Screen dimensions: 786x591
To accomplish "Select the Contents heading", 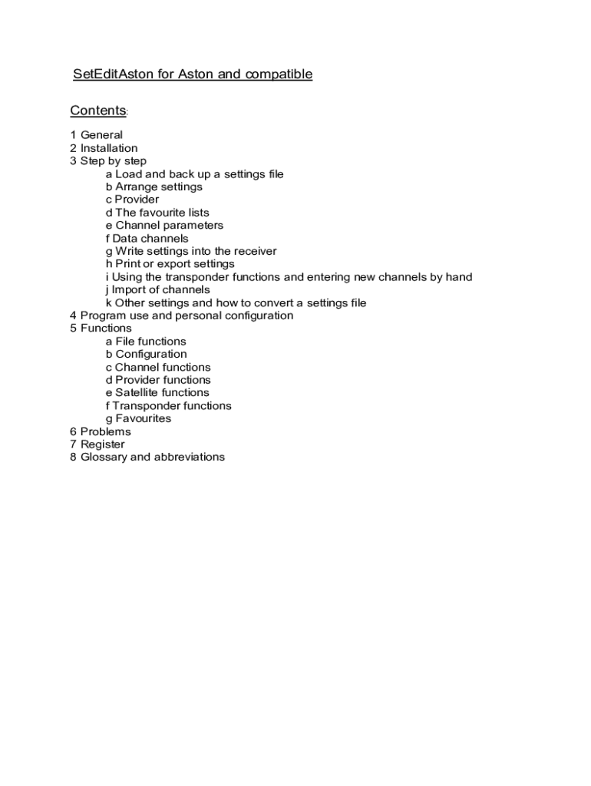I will [x=97, y=111].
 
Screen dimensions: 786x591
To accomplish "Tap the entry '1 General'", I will [x=96, y=135].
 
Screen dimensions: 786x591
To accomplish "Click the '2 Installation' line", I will [x=104, y=148].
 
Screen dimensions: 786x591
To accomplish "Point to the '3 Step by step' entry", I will [x=107, y=161].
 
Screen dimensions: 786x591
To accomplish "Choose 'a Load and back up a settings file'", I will [x=194, y=174].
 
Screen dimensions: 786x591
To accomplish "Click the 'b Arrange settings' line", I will [x=154, y=187].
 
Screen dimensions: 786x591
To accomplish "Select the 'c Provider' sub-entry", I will [x=132, y=200].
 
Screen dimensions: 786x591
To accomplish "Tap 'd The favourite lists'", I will [x=157, y=213].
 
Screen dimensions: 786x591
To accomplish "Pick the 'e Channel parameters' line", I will [x=164, y=226].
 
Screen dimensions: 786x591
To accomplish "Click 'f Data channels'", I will [x=147, y=239].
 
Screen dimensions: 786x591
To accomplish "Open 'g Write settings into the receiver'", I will [x=190, y=251].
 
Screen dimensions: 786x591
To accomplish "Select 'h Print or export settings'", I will [x=170, y=264].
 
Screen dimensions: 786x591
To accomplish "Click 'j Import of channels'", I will [x=157, y=290].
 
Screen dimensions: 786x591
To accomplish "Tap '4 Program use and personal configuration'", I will [x=181, y=315].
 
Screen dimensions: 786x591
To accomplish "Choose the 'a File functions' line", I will [x=146, y=342].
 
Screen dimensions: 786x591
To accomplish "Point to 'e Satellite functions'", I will [x=157, y=393].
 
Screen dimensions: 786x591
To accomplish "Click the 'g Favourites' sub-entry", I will [x=138, y=418].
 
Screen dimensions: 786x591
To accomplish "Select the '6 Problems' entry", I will [x=100, y=431].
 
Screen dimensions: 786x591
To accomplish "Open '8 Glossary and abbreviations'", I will [x=147, y=457].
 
